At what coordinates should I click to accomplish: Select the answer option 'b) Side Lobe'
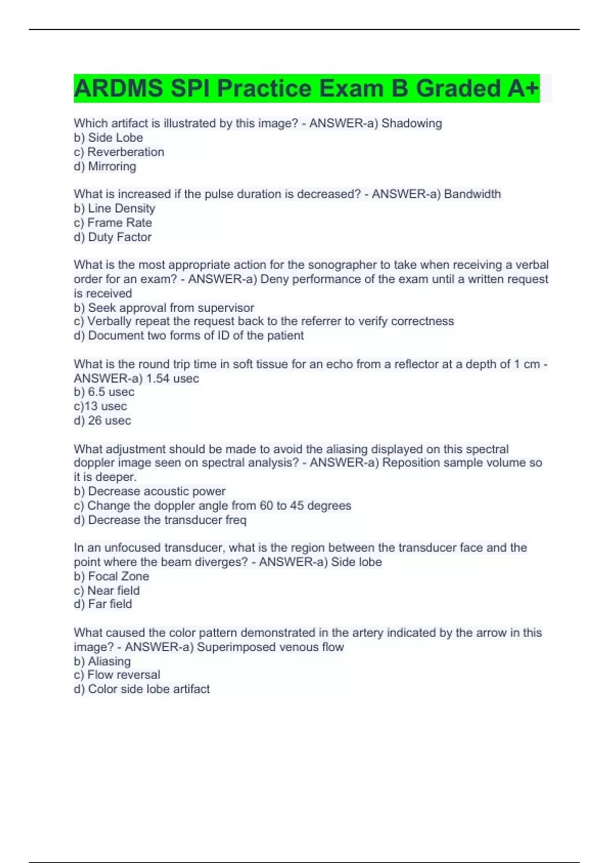108,138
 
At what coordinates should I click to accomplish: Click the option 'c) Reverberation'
119,152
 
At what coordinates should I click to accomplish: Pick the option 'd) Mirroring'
105,166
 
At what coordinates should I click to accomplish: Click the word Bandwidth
472,194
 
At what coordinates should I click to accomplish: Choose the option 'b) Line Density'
114,208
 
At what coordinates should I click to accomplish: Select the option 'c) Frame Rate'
113,222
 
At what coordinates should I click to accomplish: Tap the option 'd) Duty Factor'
112,237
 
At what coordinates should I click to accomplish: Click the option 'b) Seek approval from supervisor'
163,308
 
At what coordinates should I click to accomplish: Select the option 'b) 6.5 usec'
104,392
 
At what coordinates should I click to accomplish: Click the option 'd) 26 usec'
102,420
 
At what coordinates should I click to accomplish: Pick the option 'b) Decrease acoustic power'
149,491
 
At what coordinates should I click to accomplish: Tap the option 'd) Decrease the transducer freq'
159,520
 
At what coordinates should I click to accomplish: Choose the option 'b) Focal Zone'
111,576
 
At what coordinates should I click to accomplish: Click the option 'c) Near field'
106,590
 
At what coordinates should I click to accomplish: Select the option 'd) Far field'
103,604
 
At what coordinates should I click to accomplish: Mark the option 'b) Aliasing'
102,661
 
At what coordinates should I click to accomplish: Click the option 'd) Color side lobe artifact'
141,689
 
